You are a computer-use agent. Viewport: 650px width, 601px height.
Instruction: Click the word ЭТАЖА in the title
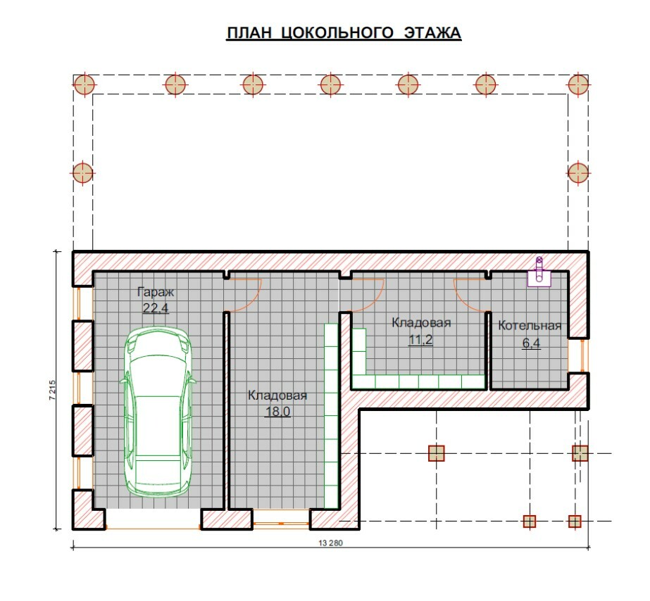(432, 32)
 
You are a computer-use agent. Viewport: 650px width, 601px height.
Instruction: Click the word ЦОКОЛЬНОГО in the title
(337, 33)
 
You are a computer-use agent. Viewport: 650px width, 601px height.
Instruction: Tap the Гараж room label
(156, 292)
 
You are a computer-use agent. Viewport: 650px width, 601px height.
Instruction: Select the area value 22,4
(156, 308)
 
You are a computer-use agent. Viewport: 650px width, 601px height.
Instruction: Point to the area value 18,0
(277, 411)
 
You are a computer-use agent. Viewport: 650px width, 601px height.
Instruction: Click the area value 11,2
(420, 340)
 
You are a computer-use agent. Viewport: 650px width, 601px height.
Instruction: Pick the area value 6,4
(531, 343)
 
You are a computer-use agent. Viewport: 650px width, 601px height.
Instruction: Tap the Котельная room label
(530, 326)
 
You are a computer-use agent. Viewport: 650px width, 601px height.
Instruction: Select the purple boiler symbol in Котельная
(539, 272)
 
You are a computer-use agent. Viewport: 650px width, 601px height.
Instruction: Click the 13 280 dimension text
(331, 543)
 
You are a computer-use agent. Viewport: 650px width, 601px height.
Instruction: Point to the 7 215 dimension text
(52, 390)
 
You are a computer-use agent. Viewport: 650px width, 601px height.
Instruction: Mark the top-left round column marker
(85, 85)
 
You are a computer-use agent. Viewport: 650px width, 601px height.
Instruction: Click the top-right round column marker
(578, 85)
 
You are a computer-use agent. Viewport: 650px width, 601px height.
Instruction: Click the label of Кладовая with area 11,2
(421, 322)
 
